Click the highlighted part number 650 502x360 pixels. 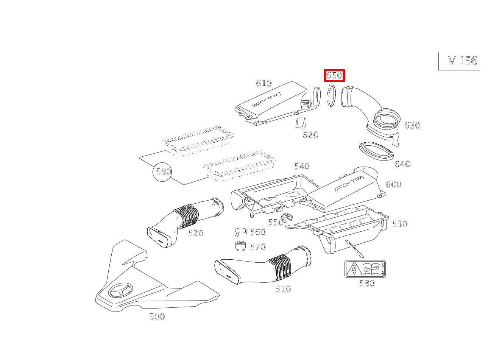click(334, 75)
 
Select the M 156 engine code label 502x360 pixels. click(462, 61)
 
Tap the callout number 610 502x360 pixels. click(263, 83)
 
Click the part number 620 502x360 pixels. click(310, 135)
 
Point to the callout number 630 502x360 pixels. click(412, 125)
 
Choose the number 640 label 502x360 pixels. click(402, 164)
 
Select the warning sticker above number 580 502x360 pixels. click(365, 269)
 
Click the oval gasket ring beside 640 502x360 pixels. click(376, 151)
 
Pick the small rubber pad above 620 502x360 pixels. click(301, 123)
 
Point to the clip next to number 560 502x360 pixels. click(240, 231)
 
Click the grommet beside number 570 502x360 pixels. click(240, 246)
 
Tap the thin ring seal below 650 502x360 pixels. click(331, 96)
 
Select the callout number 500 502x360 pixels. click(157, 316)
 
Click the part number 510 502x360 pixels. click(283, 289)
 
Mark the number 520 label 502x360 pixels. click(196, 233)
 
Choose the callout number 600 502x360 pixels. click(393, 184)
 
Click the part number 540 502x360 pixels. click(302, 166)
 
